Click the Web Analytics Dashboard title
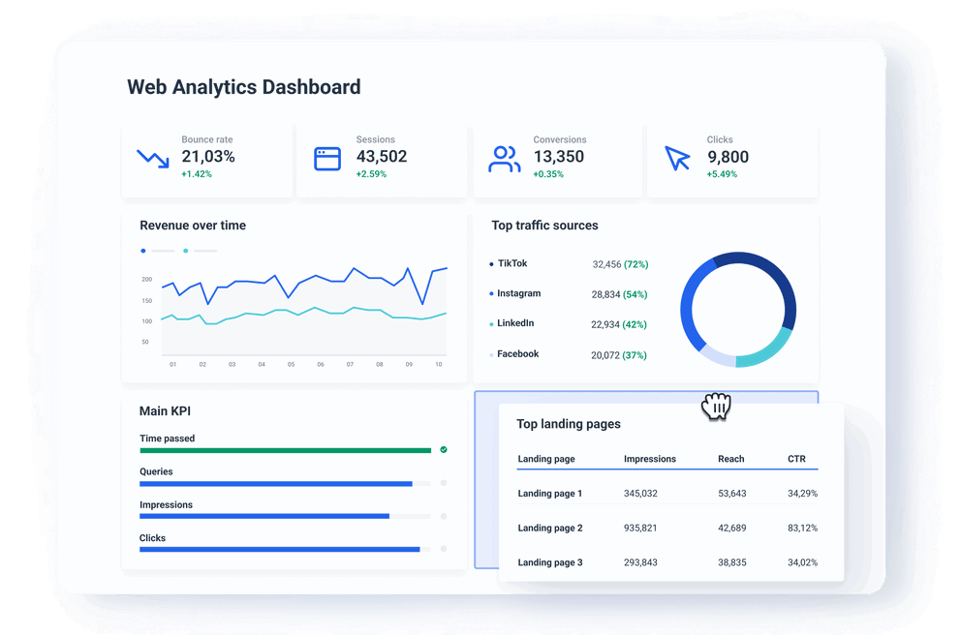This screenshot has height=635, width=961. (x=244, y=87)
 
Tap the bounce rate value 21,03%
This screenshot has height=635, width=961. (x=208, y=157)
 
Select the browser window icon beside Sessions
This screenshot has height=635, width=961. (x=327, y=159)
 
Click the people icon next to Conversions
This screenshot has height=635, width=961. (x=504, y=159)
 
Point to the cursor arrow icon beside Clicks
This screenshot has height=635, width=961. (x=677, y=159)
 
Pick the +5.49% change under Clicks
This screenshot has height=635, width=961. (x=722, y=174)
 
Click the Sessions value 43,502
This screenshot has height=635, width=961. (x=382, y=157)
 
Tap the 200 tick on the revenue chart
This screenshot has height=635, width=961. (x=146, y=279)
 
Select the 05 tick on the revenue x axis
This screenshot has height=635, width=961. (x=291, y=365)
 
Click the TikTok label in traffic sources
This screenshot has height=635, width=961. (x=512, y=263)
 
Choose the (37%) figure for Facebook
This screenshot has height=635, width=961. (x=635, y=355)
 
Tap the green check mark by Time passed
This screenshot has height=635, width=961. (x=444, y=450)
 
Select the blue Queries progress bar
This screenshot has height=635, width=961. (x=276, y=483)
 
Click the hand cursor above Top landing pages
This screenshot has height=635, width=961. (x=717, y=407)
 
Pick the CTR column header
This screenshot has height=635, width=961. (x=796, y=459)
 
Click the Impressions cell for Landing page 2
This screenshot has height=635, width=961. (x=640, y=528)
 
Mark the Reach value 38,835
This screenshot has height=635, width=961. (x=731, y=562)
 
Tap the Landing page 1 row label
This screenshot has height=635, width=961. (x=550, y=494)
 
